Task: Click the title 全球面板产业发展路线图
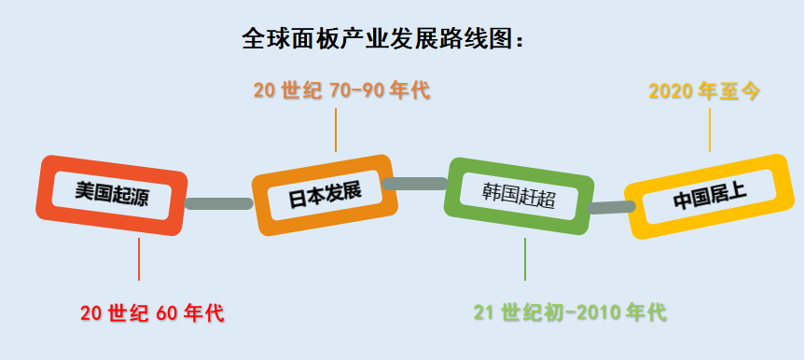pos(378,39)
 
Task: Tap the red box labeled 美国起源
pos(111,195)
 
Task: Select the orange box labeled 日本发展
pos(325,195)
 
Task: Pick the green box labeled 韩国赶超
pos(519,196)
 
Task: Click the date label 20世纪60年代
pos(152,312)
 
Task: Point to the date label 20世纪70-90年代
pos(341,90)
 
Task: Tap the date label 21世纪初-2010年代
pos(570,312)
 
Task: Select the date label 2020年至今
pos(704,90)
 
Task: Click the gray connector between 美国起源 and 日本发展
pos(219,203)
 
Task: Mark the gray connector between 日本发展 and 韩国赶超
pos(415,184)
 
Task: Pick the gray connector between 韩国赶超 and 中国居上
pos(611,207)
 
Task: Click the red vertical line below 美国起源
pos(139,259)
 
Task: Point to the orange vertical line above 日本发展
pos(336,130)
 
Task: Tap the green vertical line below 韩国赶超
pos(524,259)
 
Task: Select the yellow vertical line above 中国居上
pos(710,130)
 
